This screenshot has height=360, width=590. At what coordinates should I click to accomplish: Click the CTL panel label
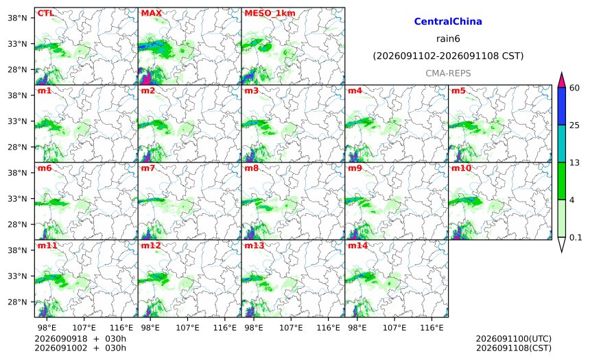click(45, 13)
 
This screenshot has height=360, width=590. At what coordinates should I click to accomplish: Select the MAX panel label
click(151, 13)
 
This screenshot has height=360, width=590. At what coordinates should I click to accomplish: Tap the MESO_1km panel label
click(270, 14)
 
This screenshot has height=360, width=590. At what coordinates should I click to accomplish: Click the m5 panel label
click(458, 91)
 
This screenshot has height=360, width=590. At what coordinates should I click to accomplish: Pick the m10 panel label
click(461, 168)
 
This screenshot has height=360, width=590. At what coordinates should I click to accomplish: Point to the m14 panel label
click(357, 245)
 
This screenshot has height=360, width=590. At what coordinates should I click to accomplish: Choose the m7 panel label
click(148, 168)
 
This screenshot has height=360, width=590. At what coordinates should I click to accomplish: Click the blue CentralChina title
click(448, 21)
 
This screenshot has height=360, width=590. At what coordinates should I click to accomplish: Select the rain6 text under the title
click(448, 39)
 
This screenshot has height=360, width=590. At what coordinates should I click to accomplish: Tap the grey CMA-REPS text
click(448, 73)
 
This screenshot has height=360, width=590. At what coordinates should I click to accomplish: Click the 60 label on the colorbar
click(575, 88)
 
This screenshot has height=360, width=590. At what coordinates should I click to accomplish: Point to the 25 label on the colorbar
click(575, 125)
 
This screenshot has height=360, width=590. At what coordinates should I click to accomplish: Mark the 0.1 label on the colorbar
click(576, 237)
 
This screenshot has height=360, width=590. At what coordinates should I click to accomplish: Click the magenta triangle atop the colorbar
click(561, 80)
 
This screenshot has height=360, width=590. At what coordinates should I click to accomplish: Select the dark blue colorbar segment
click(561, 106)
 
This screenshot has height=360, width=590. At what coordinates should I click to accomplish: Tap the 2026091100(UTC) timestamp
click(514, 339)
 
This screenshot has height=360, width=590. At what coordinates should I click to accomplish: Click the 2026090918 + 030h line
click(80, 339)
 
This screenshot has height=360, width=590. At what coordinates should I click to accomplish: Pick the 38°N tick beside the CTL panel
click(17, 18)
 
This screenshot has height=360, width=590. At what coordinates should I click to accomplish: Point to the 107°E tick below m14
click(394, 328)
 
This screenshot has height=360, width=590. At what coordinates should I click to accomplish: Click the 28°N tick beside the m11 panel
click(17, 302)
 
